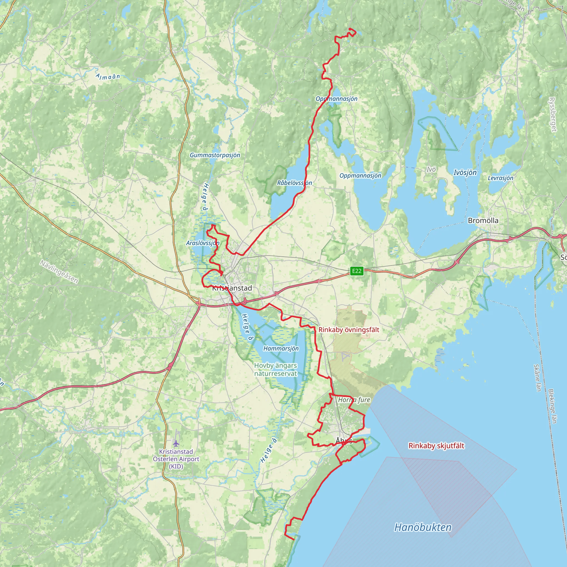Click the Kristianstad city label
(232, 288)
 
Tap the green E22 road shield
(357, 271)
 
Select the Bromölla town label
(483, 220)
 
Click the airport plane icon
(176, 443)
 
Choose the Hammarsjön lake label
(281, 348)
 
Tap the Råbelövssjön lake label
(294, 183)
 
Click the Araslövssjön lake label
(203, 243)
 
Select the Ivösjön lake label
(465, 172)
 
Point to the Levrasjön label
(501, 178)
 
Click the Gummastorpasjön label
(215, 155)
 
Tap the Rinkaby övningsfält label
(349, 329)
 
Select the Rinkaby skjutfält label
(436, 446)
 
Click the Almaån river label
(108, 76)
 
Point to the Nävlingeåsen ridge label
(59, 272)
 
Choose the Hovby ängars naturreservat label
(275, 370)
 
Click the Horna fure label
(354, 400)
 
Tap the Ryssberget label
(552, 114)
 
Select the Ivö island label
(431, 169)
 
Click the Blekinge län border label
(552, 406)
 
